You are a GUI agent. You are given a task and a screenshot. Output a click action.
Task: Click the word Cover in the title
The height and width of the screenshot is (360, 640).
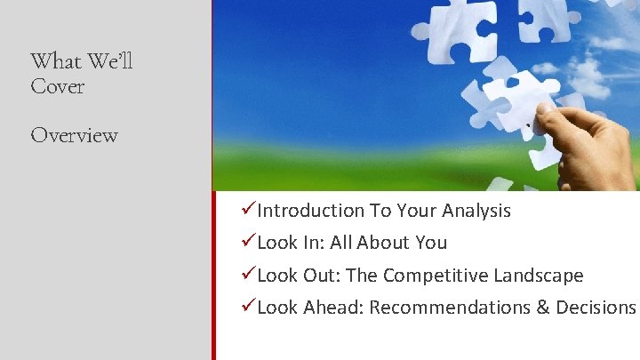coord(57,87)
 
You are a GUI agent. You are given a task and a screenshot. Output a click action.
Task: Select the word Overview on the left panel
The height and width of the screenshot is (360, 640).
coord(74,135)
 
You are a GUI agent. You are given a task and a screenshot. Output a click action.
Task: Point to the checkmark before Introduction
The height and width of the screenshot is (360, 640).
coord(248,210)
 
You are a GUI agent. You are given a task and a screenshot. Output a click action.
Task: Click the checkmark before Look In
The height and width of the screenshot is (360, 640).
coord(248,242)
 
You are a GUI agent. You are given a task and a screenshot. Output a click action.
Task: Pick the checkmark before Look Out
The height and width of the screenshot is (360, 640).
coord(248,275)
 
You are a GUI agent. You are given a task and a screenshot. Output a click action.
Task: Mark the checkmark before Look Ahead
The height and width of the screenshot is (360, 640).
coord(248,307)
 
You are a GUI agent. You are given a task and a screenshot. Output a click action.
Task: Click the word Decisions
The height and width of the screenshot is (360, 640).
coord(596,308)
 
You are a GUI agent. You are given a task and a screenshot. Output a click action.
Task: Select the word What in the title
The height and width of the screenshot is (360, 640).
coord(56,61)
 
